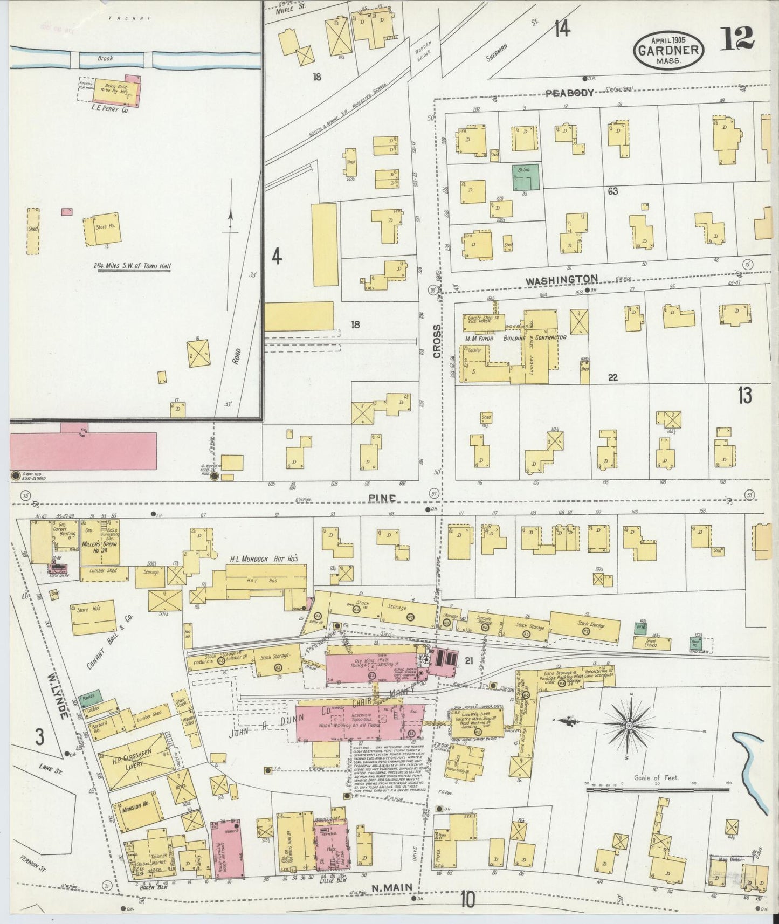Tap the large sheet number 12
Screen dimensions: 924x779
(738, 38)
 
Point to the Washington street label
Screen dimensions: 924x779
(561, 279)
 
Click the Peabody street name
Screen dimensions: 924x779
(569, 93)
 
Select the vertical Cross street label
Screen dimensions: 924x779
(437, 340)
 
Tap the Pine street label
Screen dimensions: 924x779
(383, 499)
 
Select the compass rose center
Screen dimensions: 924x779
(629, 727)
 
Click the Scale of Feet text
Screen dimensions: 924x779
(657, 778)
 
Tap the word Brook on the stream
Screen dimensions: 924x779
(105, 58)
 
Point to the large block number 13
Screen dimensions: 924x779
(744, 396)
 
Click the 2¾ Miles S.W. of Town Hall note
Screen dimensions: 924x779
(133, 266)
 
